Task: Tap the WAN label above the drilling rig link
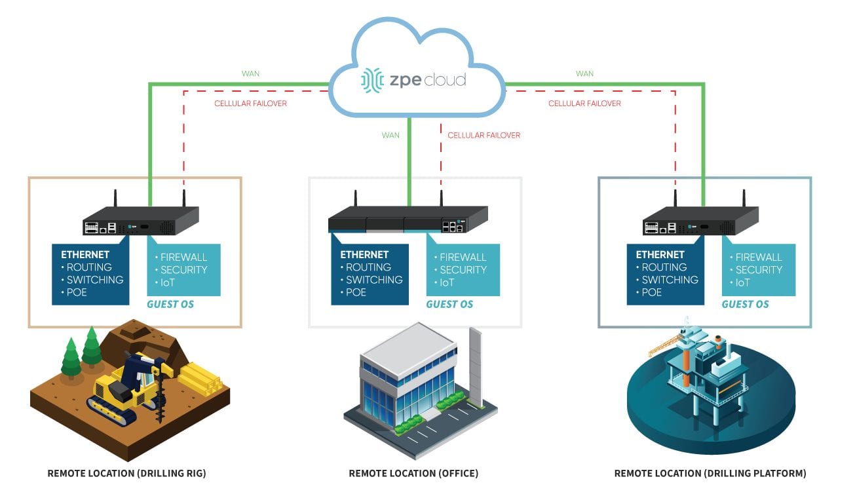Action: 251,73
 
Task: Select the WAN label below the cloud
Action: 390,136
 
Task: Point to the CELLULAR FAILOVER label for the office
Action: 484,136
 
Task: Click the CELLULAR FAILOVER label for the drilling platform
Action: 584,104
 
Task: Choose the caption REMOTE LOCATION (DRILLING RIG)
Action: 126,473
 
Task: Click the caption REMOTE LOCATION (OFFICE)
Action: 413,473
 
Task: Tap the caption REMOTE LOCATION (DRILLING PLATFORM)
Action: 710,473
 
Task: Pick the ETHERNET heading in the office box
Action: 364,254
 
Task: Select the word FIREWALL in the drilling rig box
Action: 184,257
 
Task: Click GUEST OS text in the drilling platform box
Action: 745,304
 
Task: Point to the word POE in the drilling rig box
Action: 76,292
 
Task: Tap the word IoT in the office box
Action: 447,282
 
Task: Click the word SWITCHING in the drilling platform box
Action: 670,280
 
